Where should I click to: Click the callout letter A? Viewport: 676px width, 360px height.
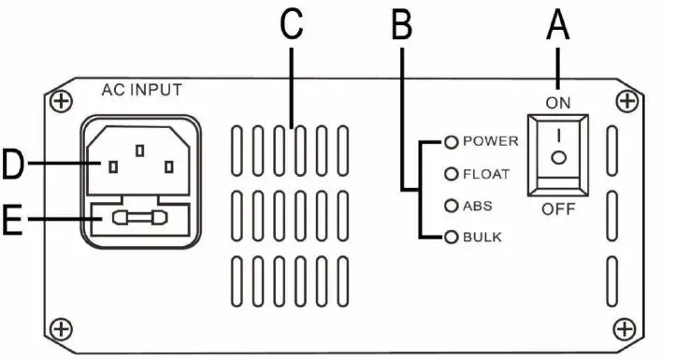point(558,26)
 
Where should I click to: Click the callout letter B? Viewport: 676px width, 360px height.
point(401,26)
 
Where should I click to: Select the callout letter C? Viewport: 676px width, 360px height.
point(293,26)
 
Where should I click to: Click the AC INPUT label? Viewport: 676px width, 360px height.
point(141,90)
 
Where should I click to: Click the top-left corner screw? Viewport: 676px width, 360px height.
point(61,100)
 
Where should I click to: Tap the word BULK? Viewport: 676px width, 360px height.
point(482,237)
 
